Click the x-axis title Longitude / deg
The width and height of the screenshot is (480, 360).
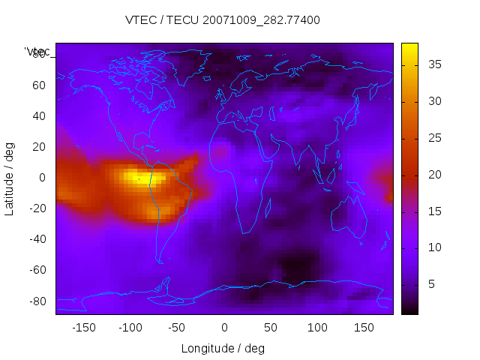tap(223, 349)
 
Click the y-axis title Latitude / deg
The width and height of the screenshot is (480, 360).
tap(10, 177)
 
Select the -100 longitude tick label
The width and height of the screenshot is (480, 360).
tap(130, 328)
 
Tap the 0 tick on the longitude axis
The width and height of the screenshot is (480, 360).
tap(223, 328)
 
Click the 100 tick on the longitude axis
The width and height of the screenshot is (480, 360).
tap(317, 328)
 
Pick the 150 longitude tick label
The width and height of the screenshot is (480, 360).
tap(364, 328)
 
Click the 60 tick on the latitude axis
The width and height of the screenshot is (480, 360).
tap(38, 85)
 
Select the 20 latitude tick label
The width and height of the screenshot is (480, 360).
tap(38, 146)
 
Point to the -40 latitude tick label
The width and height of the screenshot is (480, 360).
tap(35, 239)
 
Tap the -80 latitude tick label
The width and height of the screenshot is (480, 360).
tap(35, 301)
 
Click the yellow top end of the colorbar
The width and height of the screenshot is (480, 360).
tap(409, 46)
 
